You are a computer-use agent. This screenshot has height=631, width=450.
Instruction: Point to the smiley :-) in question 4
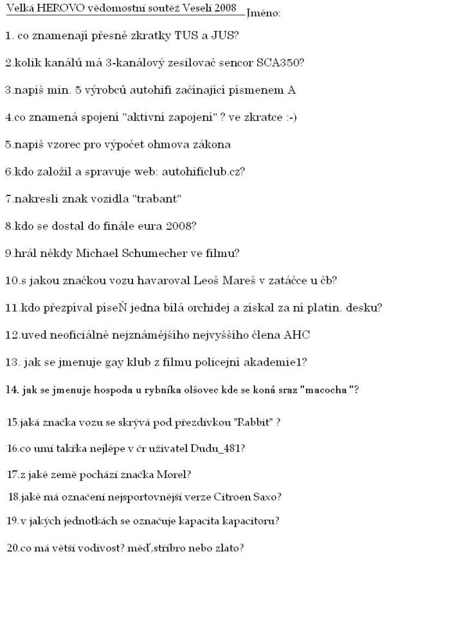288,117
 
